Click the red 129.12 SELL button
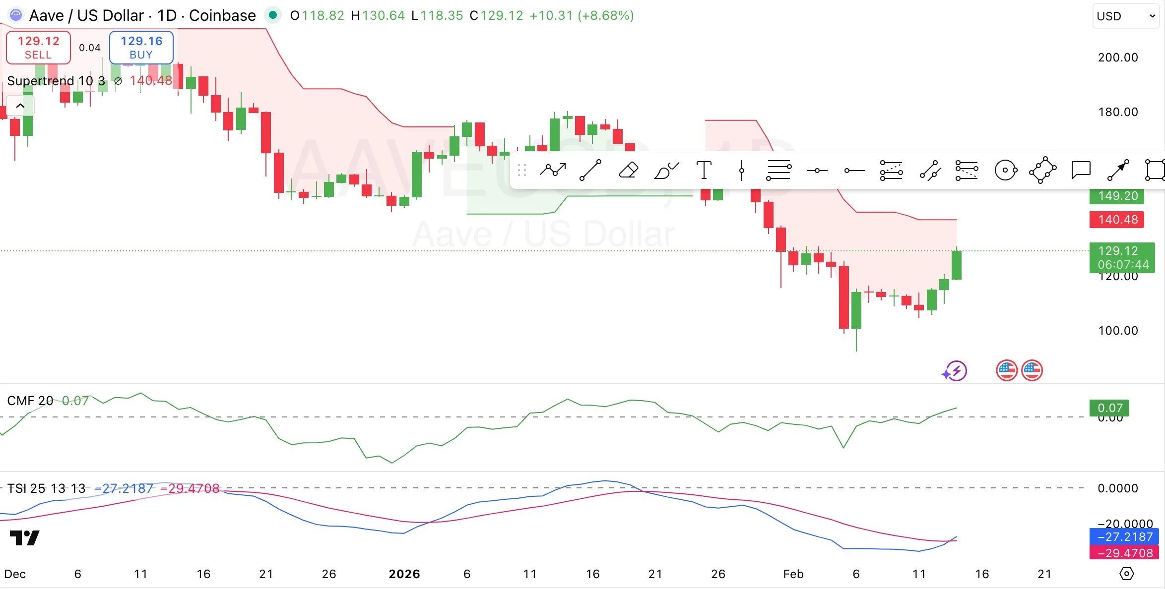click(38, 48)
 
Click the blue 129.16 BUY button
click(141, 48)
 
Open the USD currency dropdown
click(1125, 16)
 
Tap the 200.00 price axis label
click(1118, 58)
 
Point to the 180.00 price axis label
click(1118, 112)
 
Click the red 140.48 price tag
click(1117, 220)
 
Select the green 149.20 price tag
click(1117, 196)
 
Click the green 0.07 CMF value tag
click(1109, 408)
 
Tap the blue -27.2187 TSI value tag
click(1124, 537)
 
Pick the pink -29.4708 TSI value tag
click(1124, 553)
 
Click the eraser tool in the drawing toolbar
click(628, 171)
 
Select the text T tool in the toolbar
click(704, 171)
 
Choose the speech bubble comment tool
click(1081, 171)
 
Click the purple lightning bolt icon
click(955, 371)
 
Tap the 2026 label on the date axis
click(404, 574)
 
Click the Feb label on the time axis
click(793, 574)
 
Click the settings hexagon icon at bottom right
click(1127, 574)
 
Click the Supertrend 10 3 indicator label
click(56, 81)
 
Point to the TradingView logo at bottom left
click(24, 538)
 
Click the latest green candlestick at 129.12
click(957, 265)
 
